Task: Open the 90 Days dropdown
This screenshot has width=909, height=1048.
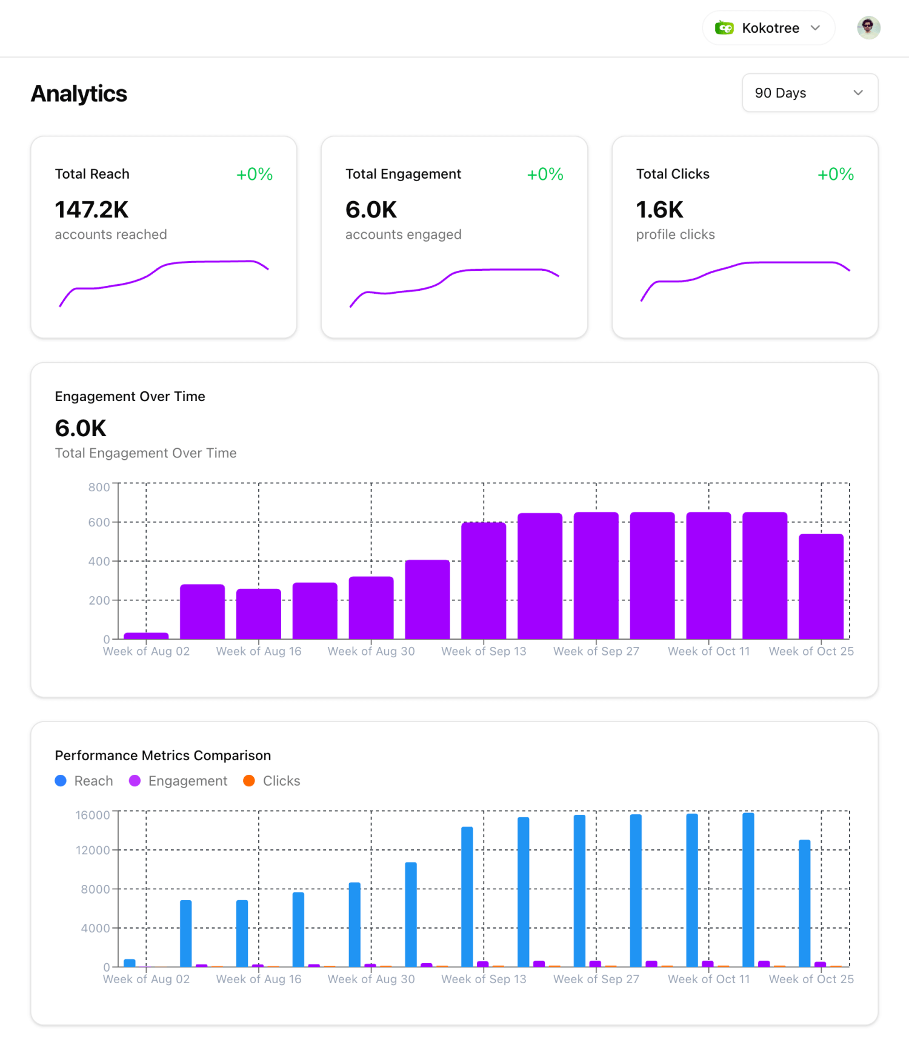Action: pyautogui.click(x=810, y=93)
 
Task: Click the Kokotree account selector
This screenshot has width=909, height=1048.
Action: pyautogui.click(x=768, y=28)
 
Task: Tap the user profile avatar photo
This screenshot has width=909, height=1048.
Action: pyautogui.click(x=868, y=27)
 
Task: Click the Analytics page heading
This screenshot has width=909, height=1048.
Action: pyautogui.click(x=79, y=94)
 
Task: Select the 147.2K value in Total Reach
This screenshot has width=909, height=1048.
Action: pyautogui.click(x=92, y=210)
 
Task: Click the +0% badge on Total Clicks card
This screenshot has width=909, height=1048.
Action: pyautogui.click(x=835, y=174)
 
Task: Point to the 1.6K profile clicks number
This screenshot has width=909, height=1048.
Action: pyautogui.click(x=659, y=210)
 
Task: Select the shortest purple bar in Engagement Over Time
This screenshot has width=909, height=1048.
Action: pyautogui.click(x=146, y=635)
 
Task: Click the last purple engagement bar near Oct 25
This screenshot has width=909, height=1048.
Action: pyautogui.click(x=821, y=586)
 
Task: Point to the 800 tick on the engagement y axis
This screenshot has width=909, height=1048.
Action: pyautogui.click(x=99, y=487)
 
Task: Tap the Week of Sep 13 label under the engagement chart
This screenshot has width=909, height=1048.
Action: pyautogui.click(x=484, y=651)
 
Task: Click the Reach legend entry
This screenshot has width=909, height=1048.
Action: pyautogui.click(x=84, y=781)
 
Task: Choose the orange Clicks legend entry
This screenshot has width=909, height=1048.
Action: pyautogui.click(x=272, y=781)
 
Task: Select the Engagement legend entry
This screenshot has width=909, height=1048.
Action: pyautogui.click(x=178, y=781)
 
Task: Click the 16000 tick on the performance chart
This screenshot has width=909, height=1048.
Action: pyautogui.click(x=93, y=815)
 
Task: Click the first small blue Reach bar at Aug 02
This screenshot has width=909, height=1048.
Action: pyautogui.click(x=129, y=963)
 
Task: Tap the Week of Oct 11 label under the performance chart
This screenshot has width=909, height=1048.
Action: pyautogui.click(x=708, y=979)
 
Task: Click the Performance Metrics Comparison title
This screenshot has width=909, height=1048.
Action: pyautogui.click(x=162, y=755)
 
